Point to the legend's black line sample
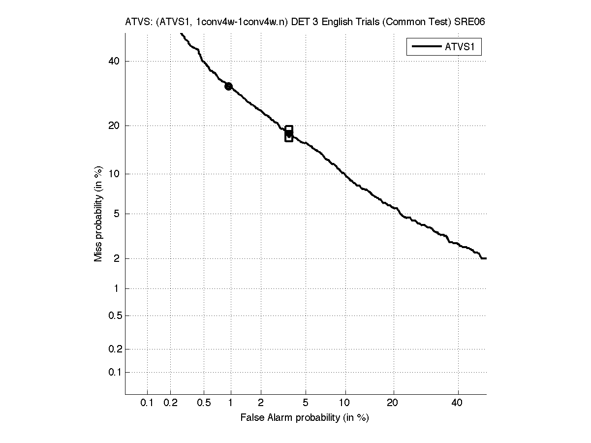[x=425, y=47]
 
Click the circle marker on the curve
[x=228, y=86]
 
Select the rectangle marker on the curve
[x=289, y=133]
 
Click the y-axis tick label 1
[x=117, y=288]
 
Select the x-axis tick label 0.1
[x=147, y=403]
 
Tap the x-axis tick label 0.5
[x=204, y=403]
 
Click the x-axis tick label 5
[x=306, y=403]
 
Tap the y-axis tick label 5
[x=117, y=214]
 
